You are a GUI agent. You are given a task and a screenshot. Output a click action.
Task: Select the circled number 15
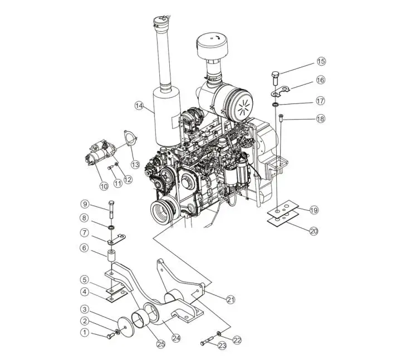(321, 61)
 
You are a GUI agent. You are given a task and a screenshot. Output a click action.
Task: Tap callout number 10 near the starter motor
(104, 185)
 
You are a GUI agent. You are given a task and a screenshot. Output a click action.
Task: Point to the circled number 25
(161, 344)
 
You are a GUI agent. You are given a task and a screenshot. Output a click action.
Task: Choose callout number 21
(230, 299)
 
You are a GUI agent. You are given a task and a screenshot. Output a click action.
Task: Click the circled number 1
(85, 332)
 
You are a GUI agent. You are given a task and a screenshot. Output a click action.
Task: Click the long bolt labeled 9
(112, 210)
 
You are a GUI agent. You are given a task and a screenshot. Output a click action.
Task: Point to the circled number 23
(222, 345)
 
